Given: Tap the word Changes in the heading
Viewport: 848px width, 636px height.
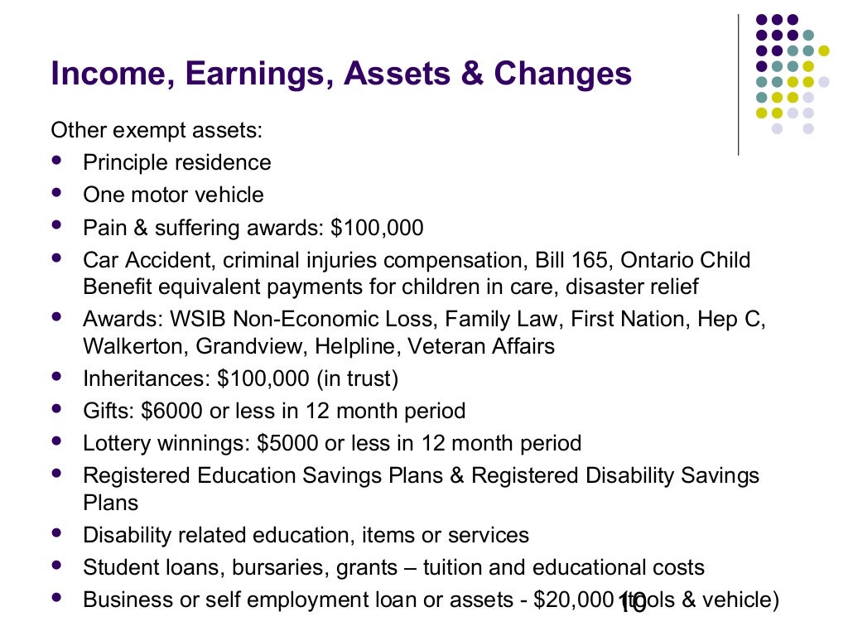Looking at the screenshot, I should click(563, 75).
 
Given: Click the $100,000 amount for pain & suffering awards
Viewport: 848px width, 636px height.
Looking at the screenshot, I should click(377, 228).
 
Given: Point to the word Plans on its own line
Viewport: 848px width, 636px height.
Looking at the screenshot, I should click(110, 503).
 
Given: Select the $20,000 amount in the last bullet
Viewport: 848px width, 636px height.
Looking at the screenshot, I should click(573, 600).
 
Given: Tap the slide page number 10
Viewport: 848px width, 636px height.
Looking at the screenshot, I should click(632, 605).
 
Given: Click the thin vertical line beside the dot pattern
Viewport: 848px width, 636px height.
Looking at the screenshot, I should click(738, 83).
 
